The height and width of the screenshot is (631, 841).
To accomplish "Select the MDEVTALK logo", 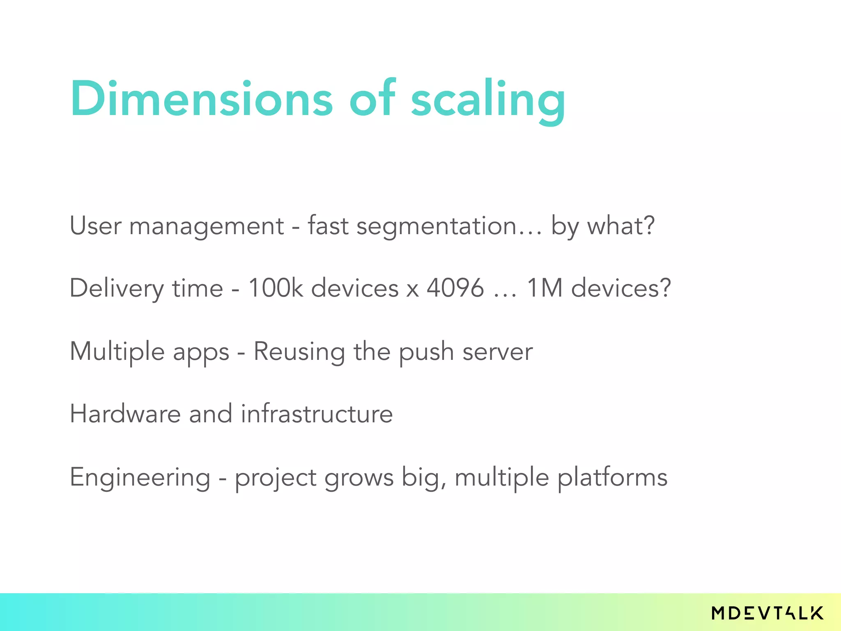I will (x=767, y=613).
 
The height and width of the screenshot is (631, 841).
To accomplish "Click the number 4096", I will (x=455, y=288).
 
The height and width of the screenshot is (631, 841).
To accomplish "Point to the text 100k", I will (x=276, y=288).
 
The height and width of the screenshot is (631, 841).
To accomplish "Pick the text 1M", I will (x=545, y=288).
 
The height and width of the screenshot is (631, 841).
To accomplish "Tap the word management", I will (x=207, y=227).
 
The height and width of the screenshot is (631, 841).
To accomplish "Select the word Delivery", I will (x=117, y=288).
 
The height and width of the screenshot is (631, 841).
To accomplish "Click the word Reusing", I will (x=299, y=352).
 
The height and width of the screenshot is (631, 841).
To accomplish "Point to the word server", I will (x=497, y=352).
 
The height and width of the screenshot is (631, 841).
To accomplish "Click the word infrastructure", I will (x=317, y=414).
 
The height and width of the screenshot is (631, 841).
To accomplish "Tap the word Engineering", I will (x=140, y=478).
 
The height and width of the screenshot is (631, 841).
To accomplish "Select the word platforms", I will (x=612, y=478).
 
